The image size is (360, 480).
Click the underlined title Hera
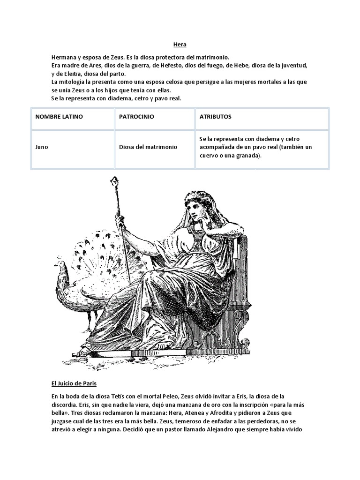tap(180, 45)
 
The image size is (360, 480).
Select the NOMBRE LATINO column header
tap(59, 117)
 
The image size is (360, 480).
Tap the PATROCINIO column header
tap(136, 117)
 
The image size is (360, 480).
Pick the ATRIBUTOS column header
tap(215, 117)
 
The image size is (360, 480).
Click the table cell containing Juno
tap(42, 147)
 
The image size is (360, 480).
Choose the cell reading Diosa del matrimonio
tap(148, 147)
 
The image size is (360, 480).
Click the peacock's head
tap(60, 266)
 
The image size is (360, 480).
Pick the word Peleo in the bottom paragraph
tap(182, 396)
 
